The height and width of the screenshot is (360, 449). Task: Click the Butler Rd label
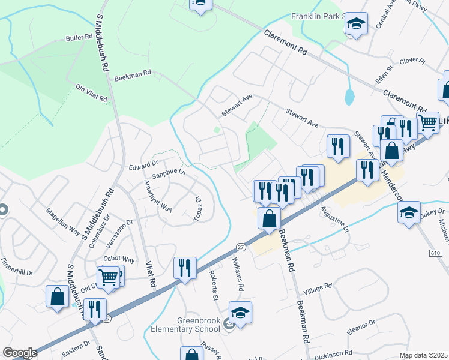(x=78, y=38)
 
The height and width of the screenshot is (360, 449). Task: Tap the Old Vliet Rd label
(x=91, y=92)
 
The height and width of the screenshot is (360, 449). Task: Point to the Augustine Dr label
(x=334, y=219)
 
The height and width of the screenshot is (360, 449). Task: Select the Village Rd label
(x=318, y=288)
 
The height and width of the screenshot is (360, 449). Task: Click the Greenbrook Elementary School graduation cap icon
(x=240, y=312)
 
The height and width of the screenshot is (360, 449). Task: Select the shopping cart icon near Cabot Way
(x=109, y=277)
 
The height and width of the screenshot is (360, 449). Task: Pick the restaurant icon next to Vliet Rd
(x=185, y=267)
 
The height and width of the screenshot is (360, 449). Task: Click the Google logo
(x=20, y=353)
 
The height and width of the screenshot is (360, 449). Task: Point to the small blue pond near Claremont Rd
(x=349, y=96)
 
